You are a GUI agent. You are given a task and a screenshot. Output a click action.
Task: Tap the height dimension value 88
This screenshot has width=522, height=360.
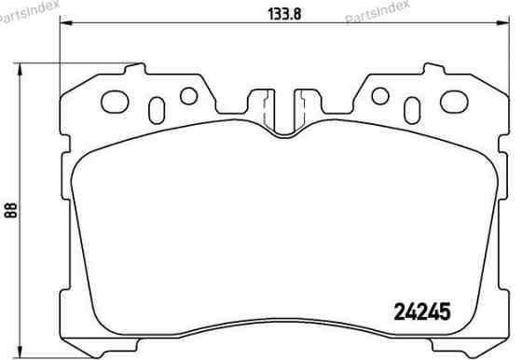11,209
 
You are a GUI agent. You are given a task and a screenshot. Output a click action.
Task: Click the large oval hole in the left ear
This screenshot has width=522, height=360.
117,99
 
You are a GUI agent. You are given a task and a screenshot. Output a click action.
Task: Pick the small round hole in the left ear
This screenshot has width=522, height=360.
186,95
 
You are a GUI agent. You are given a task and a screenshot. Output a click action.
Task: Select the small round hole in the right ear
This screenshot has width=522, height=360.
379,95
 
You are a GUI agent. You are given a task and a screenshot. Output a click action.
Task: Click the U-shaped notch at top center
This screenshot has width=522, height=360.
282,112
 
